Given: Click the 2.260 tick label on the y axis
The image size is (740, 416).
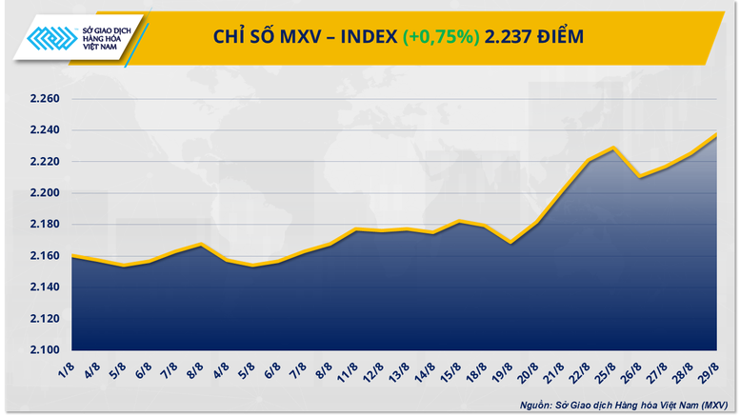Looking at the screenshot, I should (x=44, y=99).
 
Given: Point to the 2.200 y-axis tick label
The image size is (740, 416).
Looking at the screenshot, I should (x=44, y=193).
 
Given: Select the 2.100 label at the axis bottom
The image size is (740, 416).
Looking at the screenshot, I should (x=44, y=349).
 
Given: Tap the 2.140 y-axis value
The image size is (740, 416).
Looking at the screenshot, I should (x=44, y=287).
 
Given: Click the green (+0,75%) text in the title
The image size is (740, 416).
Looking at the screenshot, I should (x=440, y=37).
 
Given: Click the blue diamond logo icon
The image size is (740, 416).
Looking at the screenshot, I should (x=53, y=39).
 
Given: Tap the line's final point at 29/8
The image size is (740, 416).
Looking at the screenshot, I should (x=715, y=134).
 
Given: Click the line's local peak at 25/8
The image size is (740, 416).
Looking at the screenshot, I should (x=615, y=148).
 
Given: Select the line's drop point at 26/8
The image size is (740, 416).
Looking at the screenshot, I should (x=640, y=176).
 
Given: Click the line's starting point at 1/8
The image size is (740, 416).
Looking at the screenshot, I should (x=73, y=256).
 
